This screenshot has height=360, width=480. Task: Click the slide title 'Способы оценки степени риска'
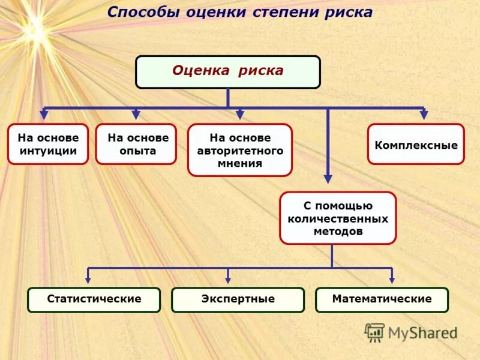pos(239,13)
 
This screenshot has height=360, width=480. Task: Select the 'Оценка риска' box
pos(228,72)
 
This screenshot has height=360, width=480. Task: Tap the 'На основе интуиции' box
pos(48,144)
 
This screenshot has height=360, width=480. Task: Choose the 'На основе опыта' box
pos(136,144)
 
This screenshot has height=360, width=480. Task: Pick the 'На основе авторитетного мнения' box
pos(240,150)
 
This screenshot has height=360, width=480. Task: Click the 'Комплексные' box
pos(416,145)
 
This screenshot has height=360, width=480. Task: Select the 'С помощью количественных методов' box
pos(338,218)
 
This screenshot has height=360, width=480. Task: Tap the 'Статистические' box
pos(94,299)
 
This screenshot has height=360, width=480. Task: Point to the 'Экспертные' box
pos(238,299)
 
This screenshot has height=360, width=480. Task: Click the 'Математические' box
pos(382,299)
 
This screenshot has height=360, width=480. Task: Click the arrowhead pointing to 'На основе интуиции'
pos(44,114)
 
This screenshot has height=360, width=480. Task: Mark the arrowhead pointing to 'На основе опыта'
pos(136,114)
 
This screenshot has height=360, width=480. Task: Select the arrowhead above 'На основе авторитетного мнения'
pos(240,114)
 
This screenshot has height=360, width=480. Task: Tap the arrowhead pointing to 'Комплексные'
pos(424,114)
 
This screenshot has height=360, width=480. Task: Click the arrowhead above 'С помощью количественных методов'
pos(328,178)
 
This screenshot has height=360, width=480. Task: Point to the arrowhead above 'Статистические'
pos(89,278)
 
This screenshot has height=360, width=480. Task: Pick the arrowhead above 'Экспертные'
pos(228,278)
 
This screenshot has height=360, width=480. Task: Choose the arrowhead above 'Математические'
pos(392,278)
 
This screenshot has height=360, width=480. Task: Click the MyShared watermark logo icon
pos(375,332)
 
